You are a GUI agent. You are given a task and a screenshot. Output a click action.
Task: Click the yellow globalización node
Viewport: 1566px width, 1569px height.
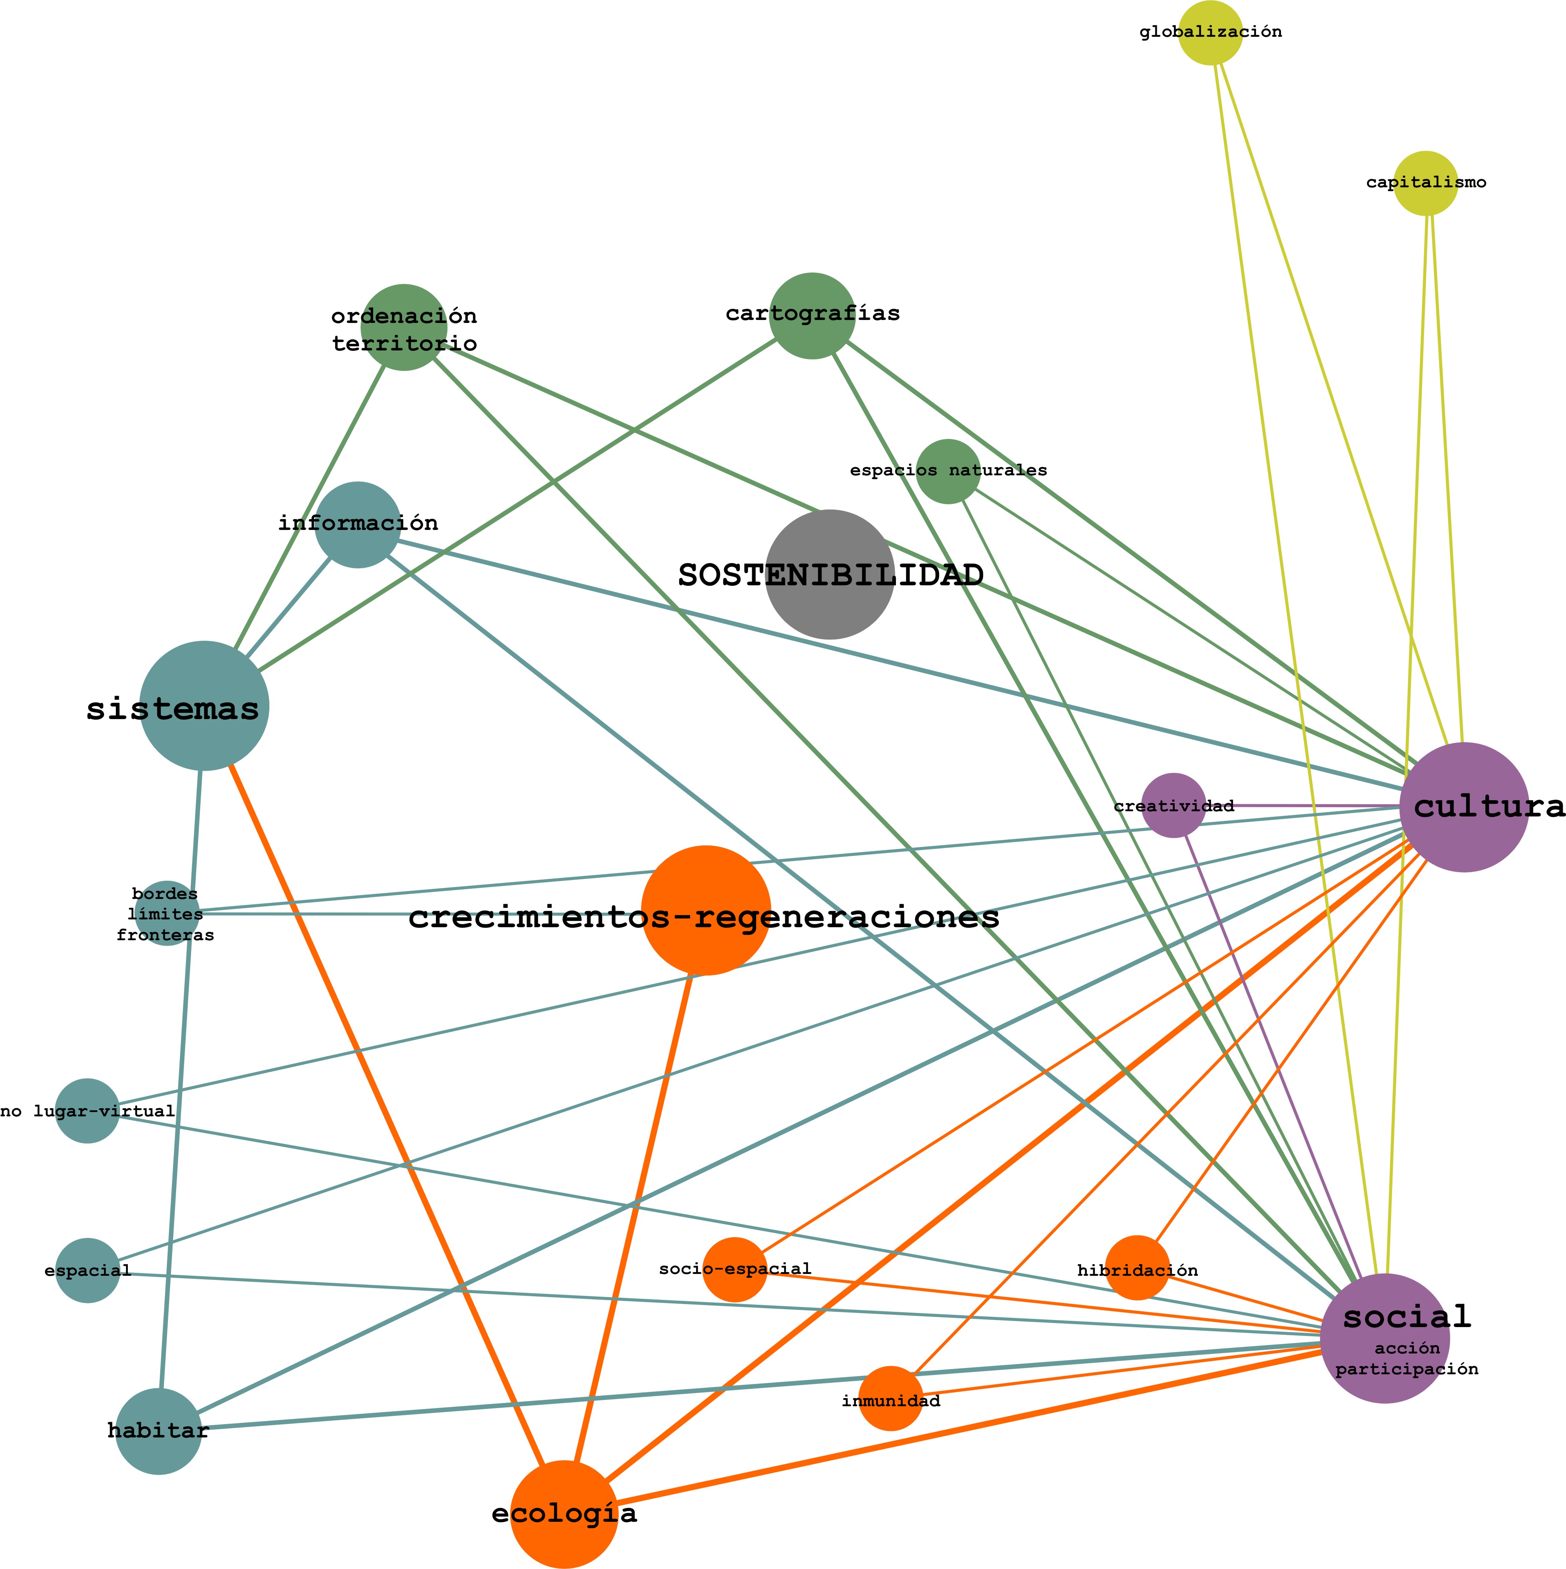1210,32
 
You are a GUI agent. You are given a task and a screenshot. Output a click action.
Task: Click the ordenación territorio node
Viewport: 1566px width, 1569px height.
404,327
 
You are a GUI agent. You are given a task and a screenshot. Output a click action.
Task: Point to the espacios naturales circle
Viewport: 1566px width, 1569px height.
948,471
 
